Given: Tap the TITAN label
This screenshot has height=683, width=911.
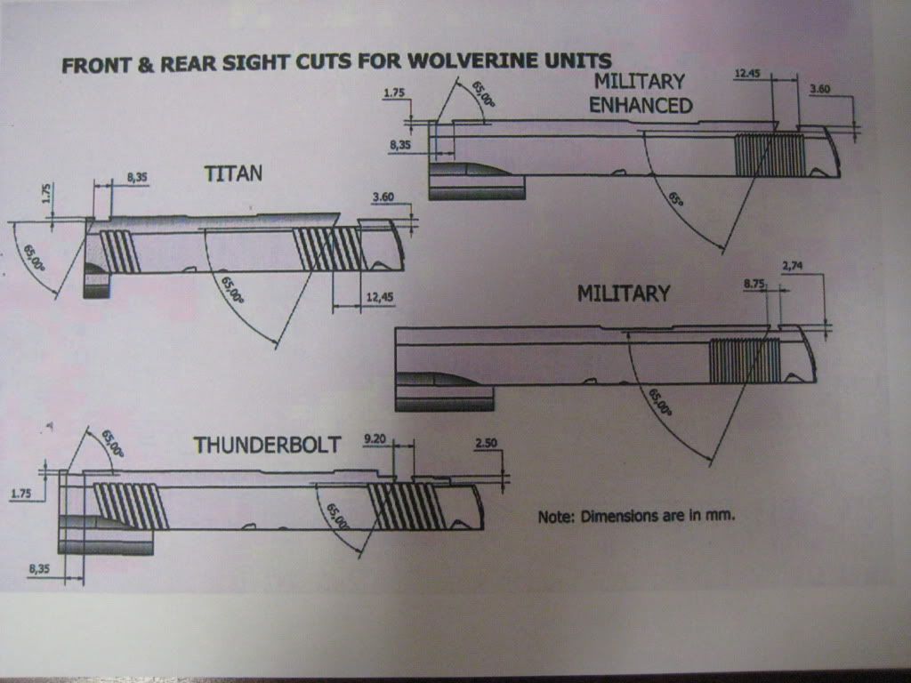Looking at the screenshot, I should pyautogui.click(x=233, y=173).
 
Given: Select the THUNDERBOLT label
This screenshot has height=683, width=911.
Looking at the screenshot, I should pyautogui.click(x=267, y=445).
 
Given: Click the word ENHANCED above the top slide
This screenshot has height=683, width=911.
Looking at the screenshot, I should pyautogui.click(x=642, y=105).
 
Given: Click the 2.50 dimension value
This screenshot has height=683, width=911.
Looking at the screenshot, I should pyautogui.click(x=488, y=442).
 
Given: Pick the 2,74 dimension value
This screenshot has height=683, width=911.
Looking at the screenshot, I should pyautogui.click(x=797, y=266).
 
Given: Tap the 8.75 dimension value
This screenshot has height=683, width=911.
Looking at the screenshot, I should pyautogui.click(x=754, y=285).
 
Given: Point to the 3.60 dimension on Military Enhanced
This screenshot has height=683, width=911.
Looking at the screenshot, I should pyautogui.click(x=825, y=88).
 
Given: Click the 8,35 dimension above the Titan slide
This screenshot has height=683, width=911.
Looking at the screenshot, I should pyautogui.click(x=137, y=178).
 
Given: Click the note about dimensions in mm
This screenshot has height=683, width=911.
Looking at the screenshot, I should pyautogui.click(x=637, y=516).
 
